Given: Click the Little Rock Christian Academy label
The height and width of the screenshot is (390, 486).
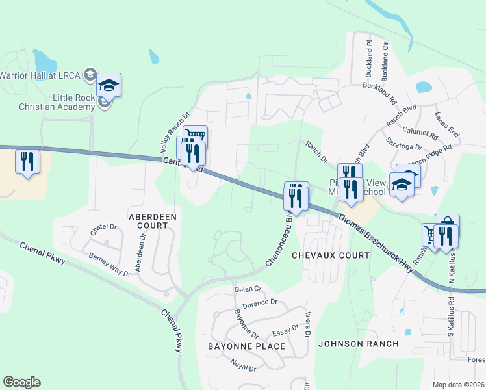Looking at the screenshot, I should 46,102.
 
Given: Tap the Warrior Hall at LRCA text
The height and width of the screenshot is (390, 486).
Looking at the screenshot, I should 40,75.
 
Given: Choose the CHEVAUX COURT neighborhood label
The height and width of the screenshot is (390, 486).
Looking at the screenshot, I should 331,255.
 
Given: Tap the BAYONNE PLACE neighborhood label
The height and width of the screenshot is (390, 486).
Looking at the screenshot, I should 246,346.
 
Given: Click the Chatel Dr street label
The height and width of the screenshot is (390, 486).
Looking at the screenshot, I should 103,227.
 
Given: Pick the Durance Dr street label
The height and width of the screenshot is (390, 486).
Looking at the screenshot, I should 260,303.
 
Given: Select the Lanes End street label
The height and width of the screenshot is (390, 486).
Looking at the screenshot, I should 446,123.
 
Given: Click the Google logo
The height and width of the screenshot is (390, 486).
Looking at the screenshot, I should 21,382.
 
